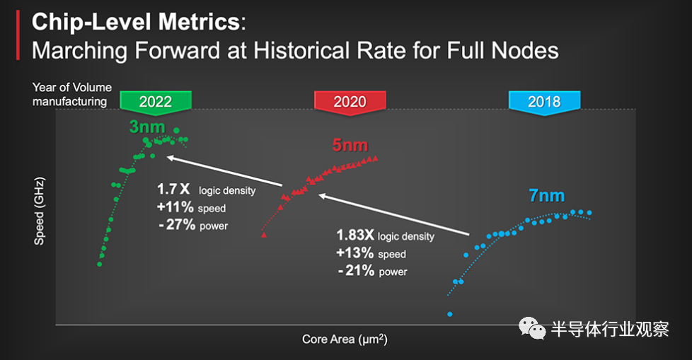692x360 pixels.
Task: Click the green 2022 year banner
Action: pyautogui.click(x=155, y=101)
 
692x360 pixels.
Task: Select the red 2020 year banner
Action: pyautogui.click(x=350, y=101)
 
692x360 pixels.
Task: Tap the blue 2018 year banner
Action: pyautogui.click(x=544, y=101)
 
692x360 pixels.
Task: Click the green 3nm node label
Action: pyautogui.click(x=147, y=127)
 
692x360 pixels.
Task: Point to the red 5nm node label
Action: pyautogui.click(x=350, y=146)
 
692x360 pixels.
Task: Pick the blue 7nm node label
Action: pyautogui.click(x=547, y=196)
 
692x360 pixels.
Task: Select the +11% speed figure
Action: pyautogui.click(x=171, y=207)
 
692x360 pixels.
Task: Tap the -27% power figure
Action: pyautogui.click(x=171, y=226)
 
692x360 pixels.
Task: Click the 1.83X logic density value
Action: pyautogui.click(x=354, y=236)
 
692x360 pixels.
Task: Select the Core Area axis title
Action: pyautogui.click(x=345, y=339)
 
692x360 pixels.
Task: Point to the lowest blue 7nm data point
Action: pyautogui.click(x=449, y=314)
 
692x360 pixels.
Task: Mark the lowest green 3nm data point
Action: pyautogui.click(x=99, y=265)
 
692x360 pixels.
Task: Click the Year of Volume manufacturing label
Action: pyautogui.click(x=71, y=94)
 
